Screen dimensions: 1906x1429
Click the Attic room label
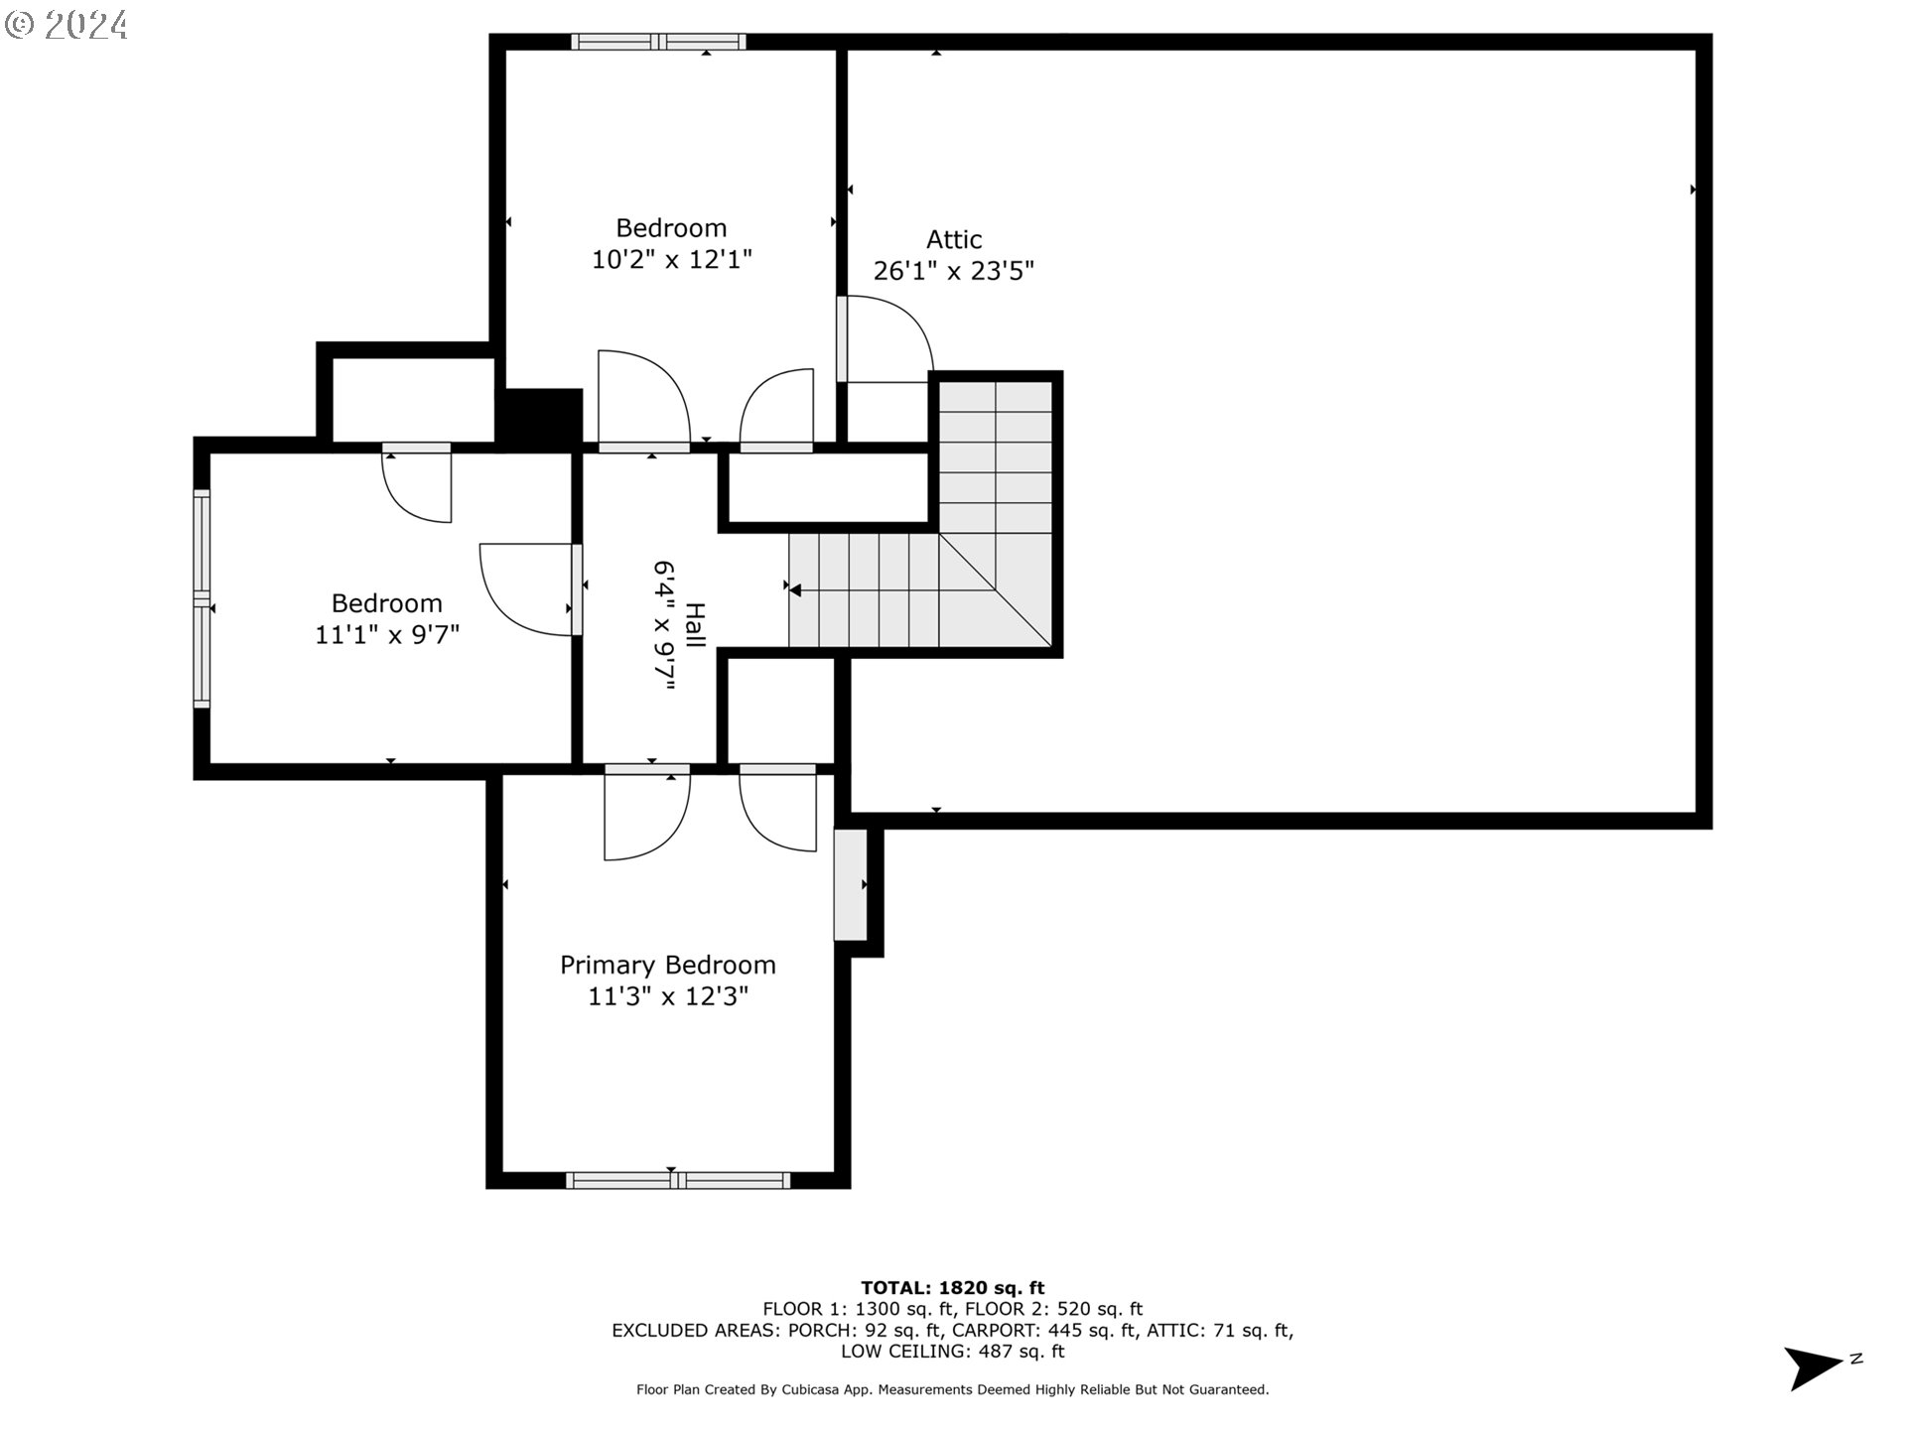954,239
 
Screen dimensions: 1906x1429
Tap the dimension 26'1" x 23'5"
954,271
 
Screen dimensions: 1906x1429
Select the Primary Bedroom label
668,966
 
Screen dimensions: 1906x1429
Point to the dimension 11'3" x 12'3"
668,996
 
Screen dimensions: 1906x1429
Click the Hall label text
695,625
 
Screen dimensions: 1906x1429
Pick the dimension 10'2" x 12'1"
672,260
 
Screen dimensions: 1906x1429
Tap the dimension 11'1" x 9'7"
387,635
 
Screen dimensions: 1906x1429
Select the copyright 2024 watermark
66,25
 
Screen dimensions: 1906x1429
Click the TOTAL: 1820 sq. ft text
953,1289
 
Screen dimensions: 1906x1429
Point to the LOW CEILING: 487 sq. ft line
953,1352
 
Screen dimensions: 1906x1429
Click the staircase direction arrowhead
795,590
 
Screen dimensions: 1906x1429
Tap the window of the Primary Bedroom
678,1180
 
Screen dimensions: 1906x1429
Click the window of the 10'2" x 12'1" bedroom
658,42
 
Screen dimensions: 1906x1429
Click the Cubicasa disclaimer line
953,1390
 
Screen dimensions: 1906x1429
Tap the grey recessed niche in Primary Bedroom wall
850,884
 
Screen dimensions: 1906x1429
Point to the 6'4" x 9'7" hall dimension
664,626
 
